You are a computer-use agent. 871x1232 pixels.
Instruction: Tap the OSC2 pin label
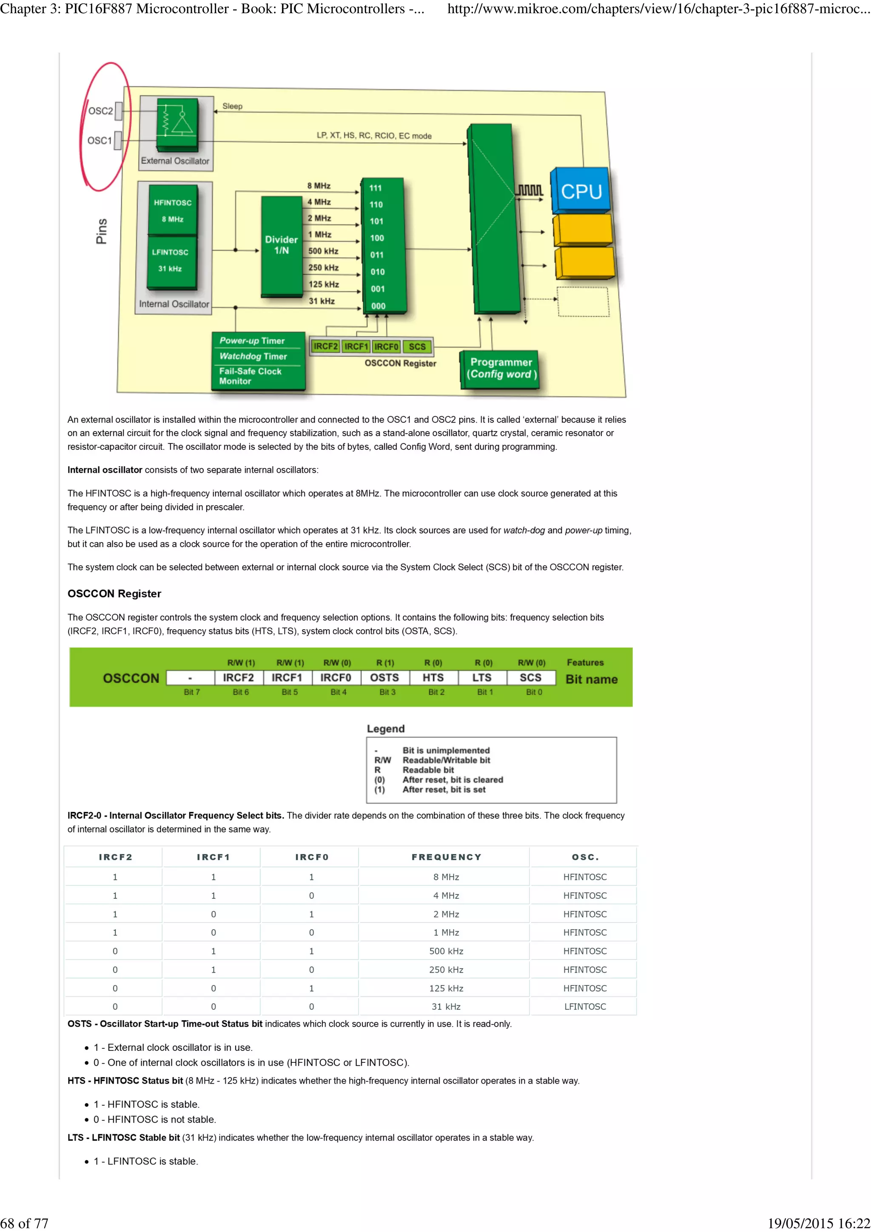coord(100,111)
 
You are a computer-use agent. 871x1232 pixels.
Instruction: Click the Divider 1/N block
coord(281,245)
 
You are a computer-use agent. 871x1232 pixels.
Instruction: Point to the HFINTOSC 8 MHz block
coord(172,210)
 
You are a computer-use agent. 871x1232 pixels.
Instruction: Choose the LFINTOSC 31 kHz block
coord(170,260)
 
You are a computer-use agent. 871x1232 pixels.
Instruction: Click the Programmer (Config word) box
coord(501,368)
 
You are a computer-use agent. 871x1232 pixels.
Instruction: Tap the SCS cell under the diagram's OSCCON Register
coord(417,346)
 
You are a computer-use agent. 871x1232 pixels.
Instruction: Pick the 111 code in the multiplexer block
coord(375,188)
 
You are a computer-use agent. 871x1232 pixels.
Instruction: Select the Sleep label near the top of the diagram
coord(232,106)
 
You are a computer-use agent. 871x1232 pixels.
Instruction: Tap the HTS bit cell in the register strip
coord(433,678)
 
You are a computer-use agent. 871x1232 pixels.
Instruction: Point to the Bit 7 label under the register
coord(191,692)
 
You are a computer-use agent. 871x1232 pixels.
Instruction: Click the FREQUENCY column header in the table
coord(446,857)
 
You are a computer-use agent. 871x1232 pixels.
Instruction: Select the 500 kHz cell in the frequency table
coord(446,951)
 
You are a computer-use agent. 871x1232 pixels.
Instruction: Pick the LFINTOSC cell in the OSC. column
coord(585,1007)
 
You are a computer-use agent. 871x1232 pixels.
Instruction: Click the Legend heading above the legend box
coord(385,729)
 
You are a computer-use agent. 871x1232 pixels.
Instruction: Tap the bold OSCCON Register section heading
coord(114,593)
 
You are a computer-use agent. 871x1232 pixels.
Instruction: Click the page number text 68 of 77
coord(25,1223)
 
